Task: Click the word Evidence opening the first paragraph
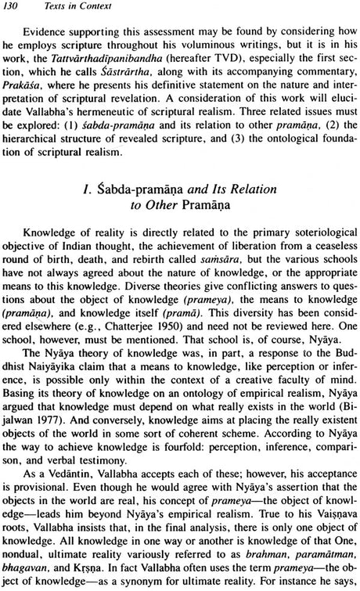[x=49, y=35]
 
